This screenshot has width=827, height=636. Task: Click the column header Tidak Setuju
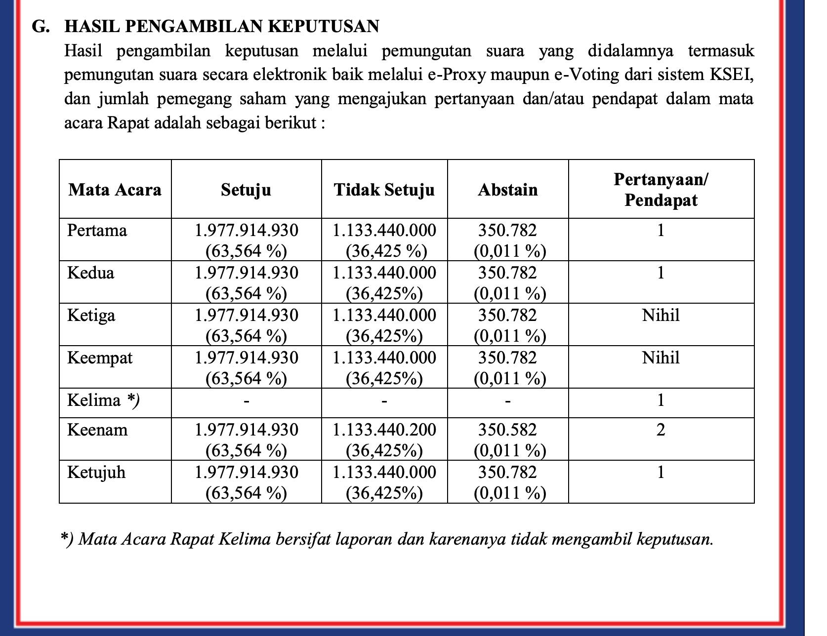coord(384,190)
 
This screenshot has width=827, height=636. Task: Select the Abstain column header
coord(507,190)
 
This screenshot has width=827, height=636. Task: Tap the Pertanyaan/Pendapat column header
coord(661,190)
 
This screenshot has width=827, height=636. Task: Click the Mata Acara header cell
coord(115,190)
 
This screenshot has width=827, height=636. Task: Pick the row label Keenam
coord(97,430)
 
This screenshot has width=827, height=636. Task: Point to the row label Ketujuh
coord(96,472)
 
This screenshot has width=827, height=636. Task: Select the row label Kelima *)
coord(103,400)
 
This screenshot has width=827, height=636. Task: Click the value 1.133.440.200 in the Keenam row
coord(384,430)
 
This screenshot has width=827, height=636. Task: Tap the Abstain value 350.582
coord(507,430)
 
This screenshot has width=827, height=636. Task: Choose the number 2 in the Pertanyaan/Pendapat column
coord(661,430)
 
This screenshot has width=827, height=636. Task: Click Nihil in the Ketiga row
coord(661,315)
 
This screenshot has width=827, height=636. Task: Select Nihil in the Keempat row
coord(661,358)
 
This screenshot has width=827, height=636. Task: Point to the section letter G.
coord(40,26)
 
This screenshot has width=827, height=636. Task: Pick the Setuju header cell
coord(246,190)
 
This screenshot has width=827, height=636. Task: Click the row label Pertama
coord(97,230)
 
